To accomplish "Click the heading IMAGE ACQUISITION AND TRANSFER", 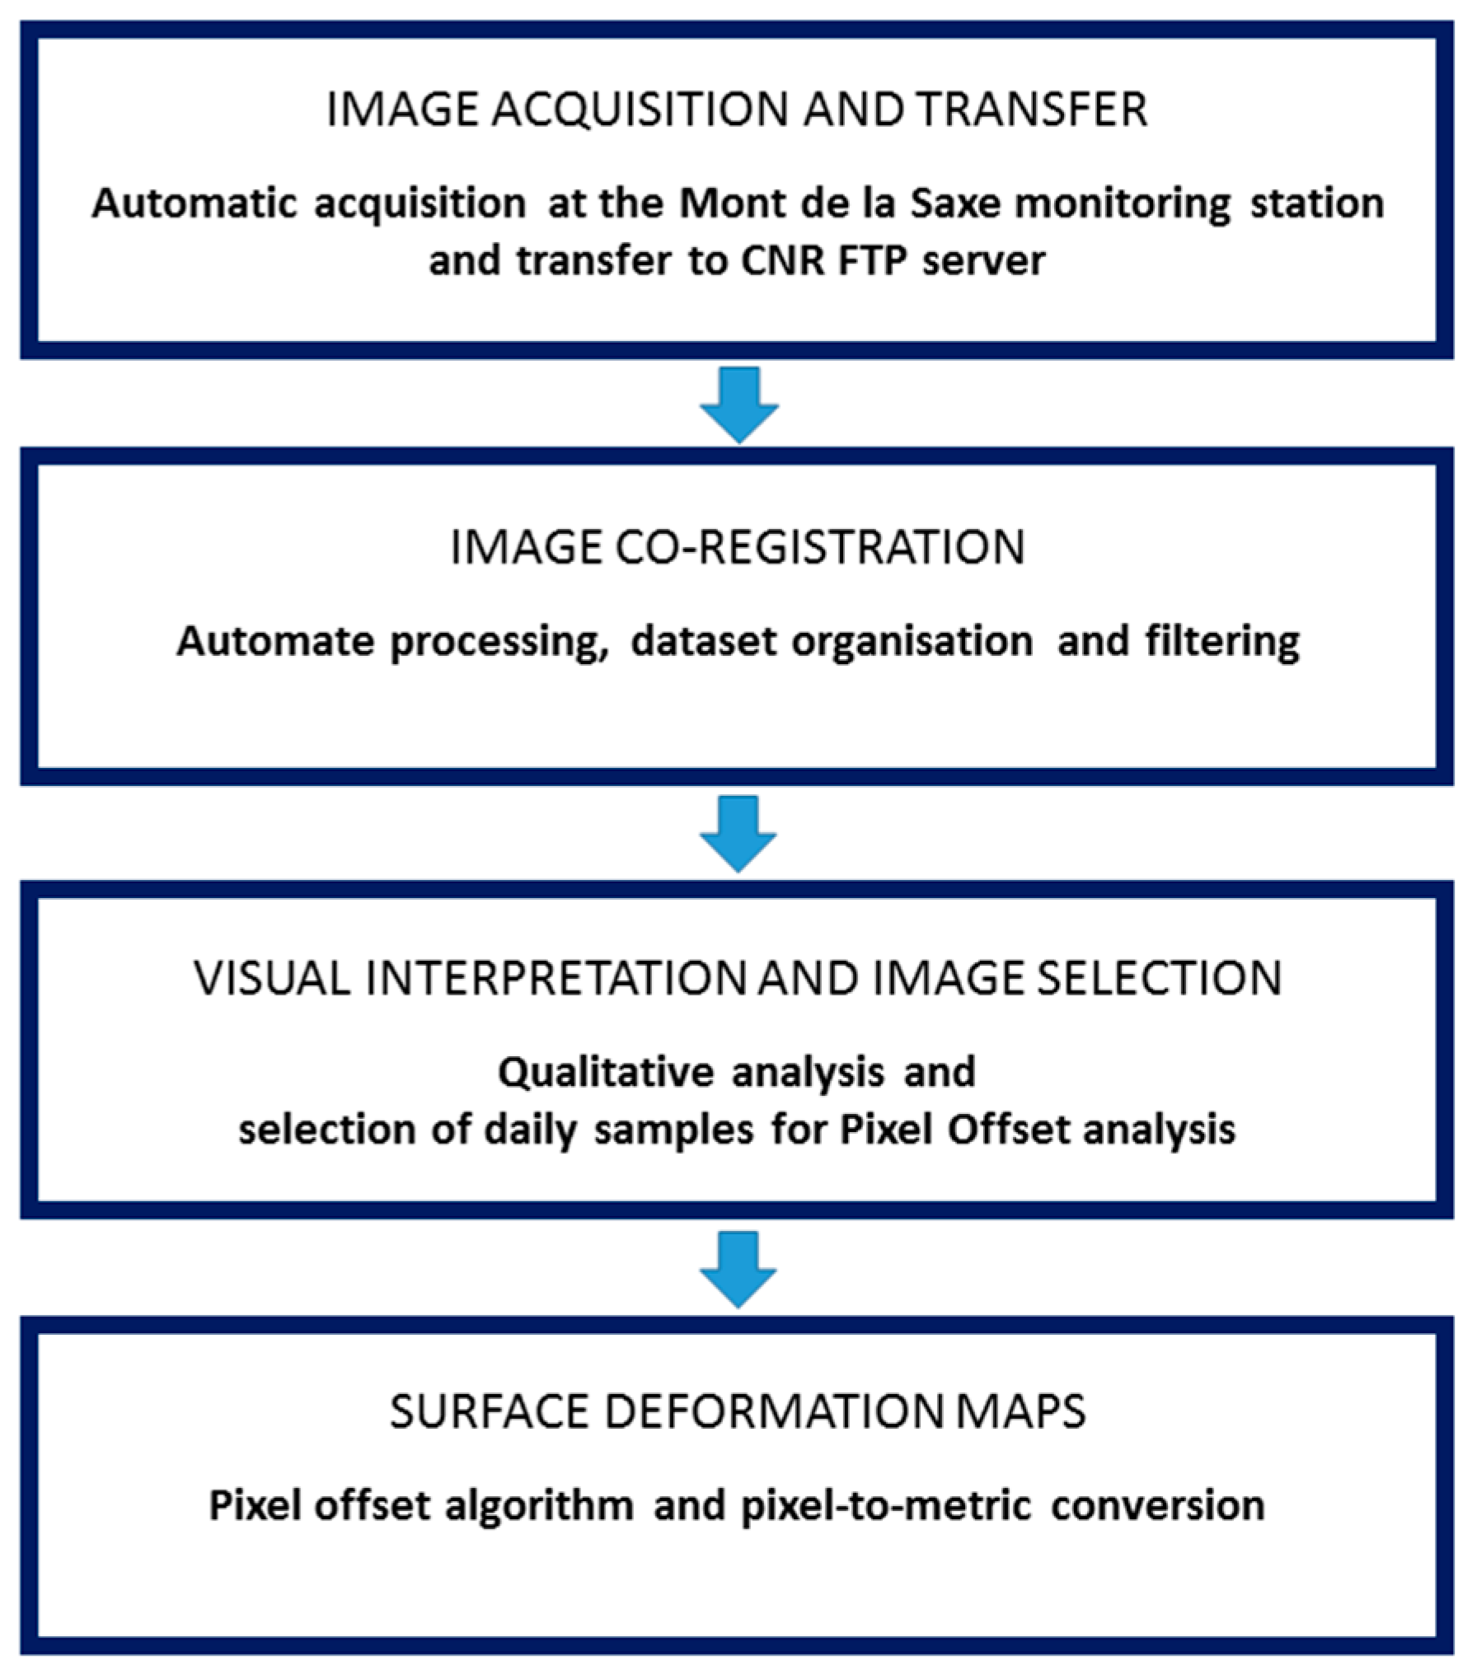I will [736, 110].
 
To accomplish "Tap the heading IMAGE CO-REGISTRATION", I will [736, 547].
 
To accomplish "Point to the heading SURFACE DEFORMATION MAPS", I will [736, 1411].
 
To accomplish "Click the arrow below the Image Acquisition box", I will [738, 404].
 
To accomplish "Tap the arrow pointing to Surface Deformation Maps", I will [738, 1268].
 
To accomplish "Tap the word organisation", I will [912, 642].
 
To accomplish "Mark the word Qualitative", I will [607, 1072].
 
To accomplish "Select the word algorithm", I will [539, 1505].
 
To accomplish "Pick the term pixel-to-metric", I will [886, 1505].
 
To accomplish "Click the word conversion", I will [1158, 1505].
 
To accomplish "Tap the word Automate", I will [275, 642].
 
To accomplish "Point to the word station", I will [1316, 204].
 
